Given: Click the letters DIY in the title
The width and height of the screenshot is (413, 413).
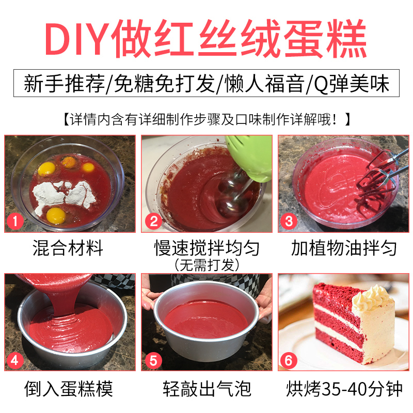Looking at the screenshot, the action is coord(77,39).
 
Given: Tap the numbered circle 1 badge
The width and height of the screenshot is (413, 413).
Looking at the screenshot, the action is coord(15,221).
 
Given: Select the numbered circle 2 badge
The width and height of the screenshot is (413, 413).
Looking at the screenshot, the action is coord(153,221).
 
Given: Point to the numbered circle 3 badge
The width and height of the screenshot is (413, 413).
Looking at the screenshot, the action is coord(289,221).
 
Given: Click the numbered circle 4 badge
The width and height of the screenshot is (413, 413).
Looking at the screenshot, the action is coord(14,360).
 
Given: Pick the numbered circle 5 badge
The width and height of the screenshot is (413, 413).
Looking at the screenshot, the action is coord(153,360).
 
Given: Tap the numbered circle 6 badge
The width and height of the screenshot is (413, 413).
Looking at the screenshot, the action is coord(289,360).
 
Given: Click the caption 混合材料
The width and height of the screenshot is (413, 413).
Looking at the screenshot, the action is coord(68,248).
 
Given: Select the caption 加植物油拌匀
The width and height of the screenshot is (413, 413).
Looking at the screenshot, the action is coord(344,248).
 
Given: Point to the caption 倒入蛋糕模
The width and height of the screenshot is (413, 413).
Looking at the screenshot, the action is coord(69,388).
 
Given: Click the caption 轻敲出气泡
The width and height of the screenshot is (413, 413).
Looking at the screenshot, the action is coord(207,388).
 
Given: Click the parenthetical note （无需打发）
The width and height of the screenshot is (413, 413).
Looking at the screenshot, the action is coord(207,265).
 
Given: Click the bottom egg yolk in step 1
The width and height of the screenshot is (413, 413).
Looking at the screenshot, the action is coord(56,216).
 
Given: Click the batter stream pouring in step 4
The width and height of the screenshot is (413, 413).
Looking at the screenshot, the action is coord(63,300).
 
